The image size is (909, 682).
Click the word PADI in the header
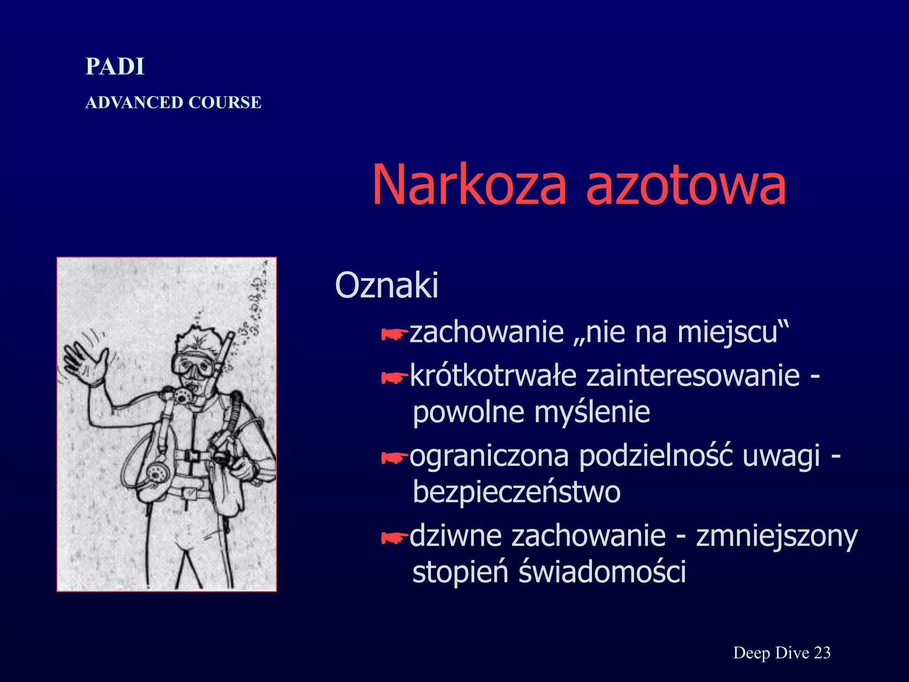[115, 67]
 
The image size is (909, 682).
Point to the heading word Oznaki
[387, 285]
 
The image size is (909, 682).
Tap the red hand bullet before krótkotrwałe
[394, 378]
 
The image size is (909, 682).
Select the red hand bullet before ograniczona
[394, 458]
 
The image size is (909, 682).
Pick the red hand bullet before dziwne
[394, 538]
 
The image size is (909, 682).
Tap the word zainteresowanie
[693, 376]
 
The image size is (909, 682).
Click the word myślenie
[592, 412]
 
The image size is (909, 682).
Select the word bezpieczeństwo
[516, 492]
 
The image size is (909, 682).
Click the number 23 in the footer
[822, 653]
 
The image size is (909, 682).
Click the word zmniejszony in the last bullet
[777, 536]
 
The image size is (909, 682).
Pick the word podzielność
[656, 456]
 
